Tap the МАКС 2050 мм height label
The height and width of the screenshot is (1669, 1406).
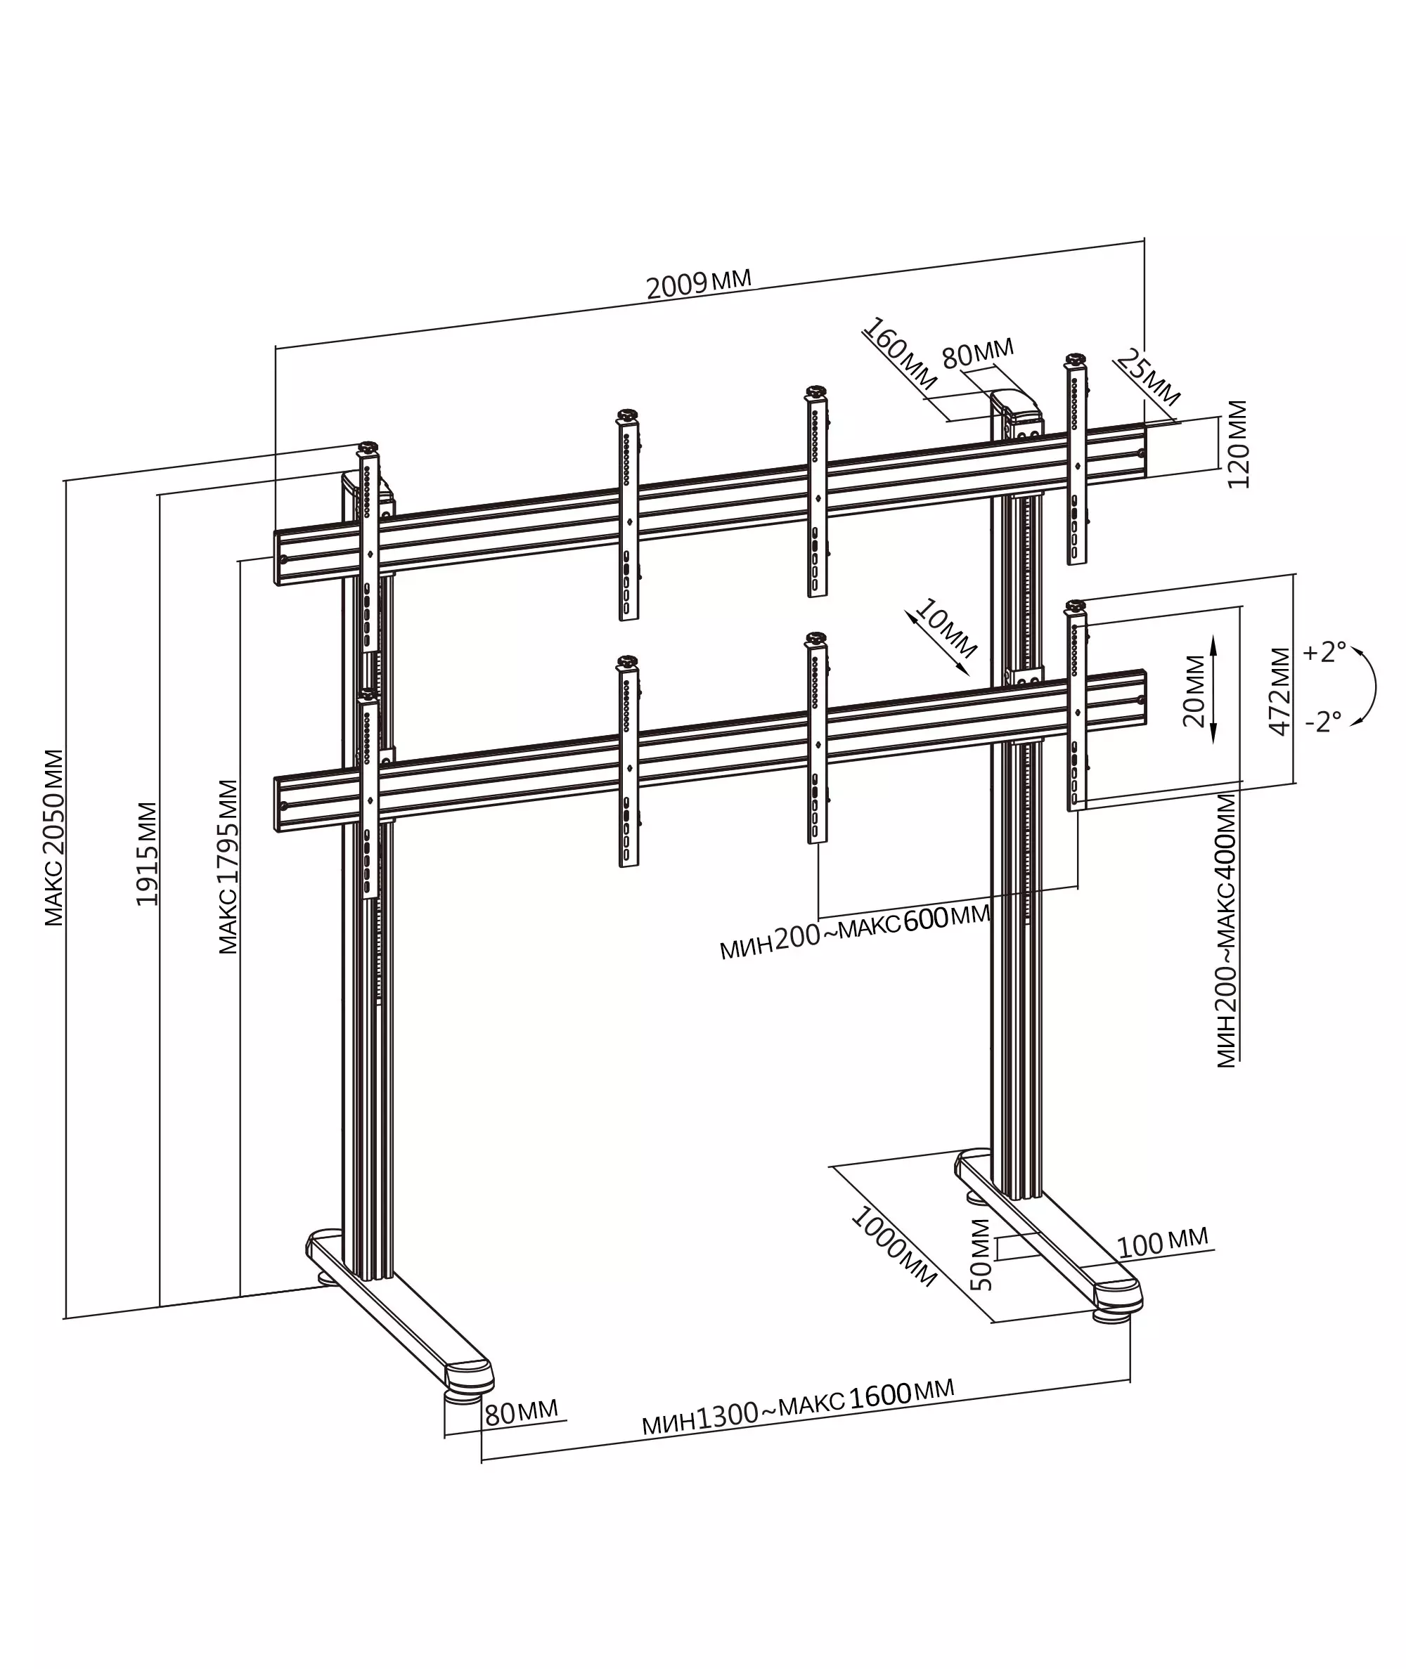(53, 837)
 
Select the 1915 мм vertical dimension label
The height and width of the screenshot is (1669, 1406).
(147, 854)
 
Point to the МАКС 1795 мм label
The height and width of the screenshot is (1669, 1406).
(228, 866)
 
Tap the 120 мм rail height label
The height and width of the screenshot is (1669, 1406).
(1237, 445)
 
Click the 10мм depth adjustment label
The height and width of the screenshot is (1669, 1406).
(945, 628)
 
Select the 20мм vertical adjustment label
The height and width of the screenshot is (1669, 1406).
(1194, 691)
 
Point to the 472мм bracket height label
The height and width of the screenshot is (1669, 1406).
(1279, 691)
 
